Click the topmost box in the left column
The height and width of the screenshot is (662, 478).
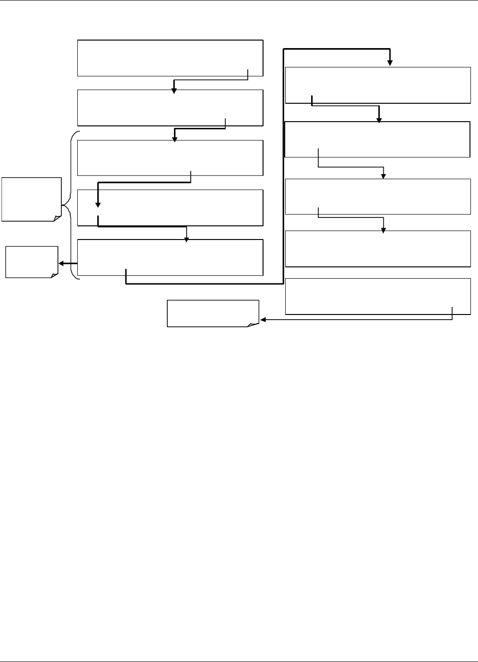[x=170, y=58]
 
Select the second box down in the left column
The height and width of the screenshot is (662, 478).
[x=170, y=108]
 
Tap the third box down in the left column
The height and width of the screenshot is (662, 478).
[x=170, y=157]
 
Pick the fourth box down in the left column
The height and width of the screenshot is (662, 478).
[x=170, y=207]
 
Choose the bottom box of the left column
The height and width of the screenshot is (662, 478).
[x=170, y=257]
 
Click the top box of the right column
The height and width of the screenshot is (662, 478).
[x=378, y=85]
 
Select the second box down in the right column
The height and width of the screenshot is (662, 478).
[x=378, y=139]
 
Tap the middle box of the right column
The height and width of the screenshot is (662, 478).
[x=378, y=197]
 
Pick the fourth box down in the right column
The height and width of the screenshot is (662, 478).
[x=378, y=248]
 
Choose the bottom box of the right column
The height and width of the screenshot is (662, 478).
[x=378, y=296]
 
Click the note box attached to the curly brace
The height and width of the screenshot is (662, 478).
[x=31, y=199]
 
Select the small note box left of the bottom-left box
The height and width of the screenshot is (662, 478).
[x=31, y=262]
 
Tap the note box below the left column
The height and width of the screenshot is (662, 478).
[x=213, y=313]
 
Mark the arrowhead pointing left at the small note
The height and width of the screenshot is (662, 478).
[x=61, y=264]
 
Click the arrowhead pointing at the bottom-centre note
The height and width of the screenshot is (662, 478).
[x=263, y=320]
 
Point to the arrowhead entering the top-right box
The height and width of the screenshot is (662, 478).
[x=390, y=63]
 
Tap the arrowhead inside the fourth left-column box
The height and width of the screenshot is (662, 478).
[x=98, y=205]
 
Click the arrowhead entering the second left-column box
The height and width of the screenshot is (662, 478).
[x=173, y=91]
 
